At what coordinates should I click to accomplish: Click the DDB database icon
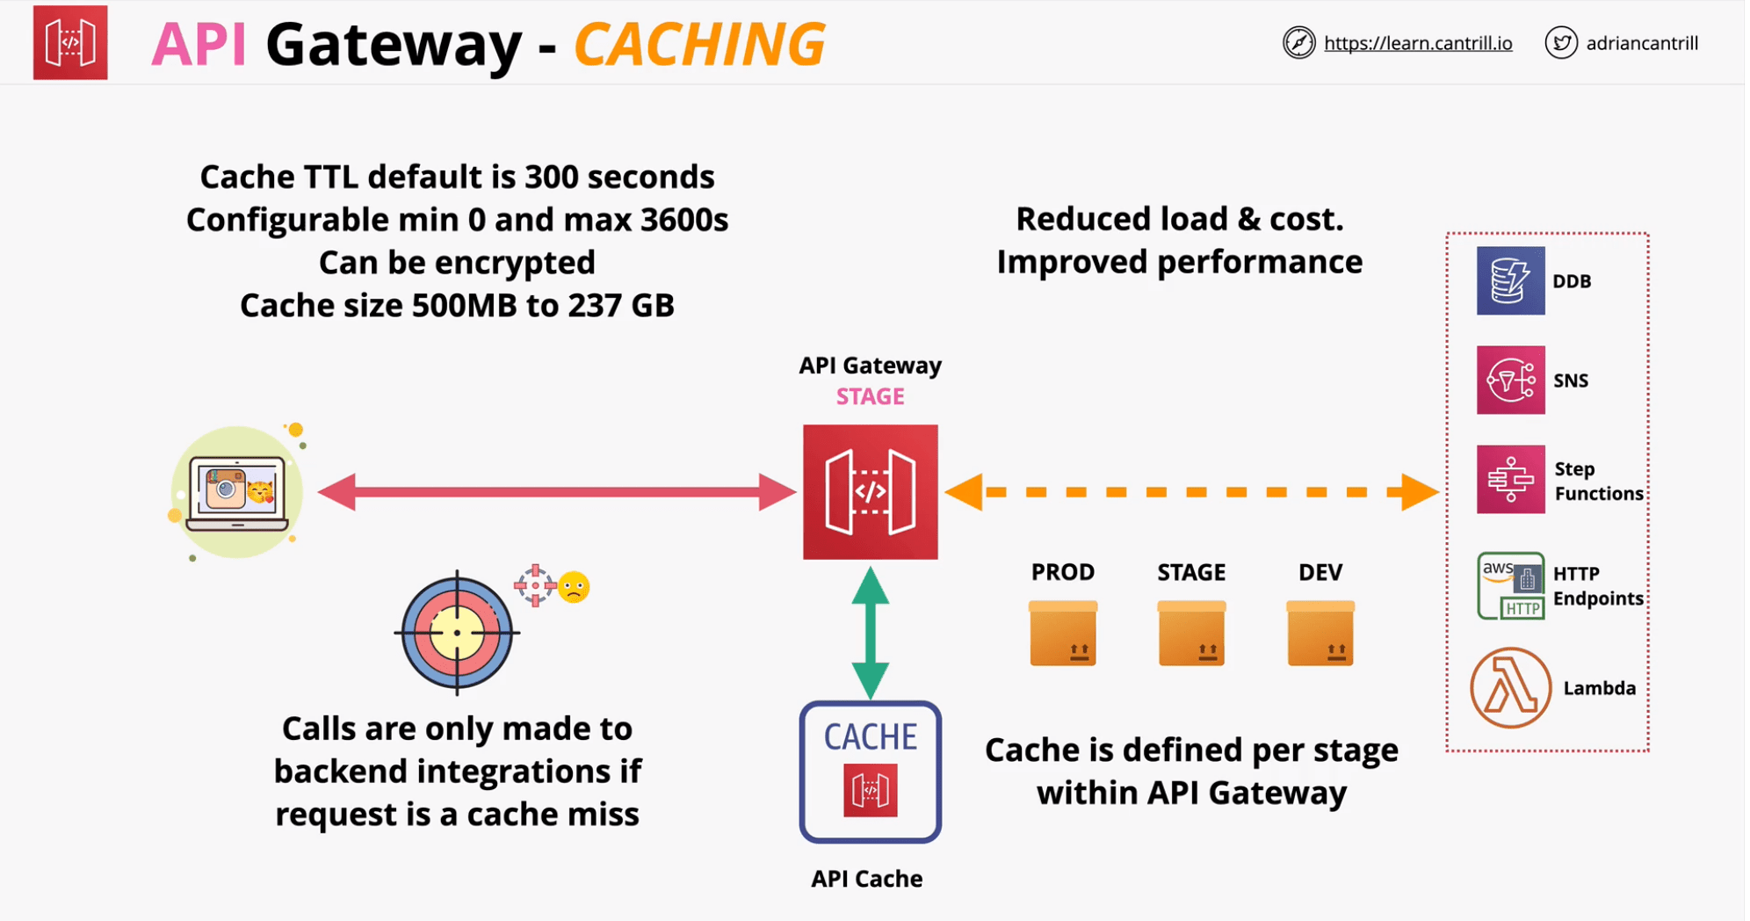(x=1509, y=281)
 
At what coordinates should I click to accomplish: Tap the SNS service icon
(x=1509, y=380)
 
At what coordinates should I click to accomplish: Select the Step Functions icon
(x=1509, y=480)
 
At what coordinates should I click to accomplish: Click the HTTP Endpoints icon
(x=1509, y=585)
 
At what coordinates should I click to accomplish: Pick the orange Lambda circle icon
(x=1509, y=687)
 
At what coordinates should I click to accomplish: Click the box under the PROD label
(x=1062, y=633)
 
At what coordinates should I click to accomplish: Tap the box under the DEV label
(x=1320, y=633)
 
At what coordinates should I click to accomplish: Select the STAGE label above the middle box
(x=1190, y=573)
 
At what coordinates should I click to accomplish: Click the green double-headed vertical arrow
(x=870, y=633)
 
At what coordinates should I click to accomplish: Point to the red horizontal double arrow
(x=557, y=492)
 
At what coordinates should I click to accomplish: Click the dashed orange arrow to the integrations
(x=1190, y=492)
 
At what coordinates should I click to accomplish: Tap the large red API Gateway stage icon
(x=870, y=492)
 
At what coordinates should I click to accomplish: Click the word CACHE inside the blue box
(x=870, y=736)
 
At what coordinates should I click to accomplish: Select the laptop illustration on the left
(x=236, y=492)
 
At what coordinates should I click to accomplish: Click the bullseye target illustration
(x=456, y=633)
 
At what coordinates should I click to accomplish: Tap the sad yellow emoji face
(x=574, y=587)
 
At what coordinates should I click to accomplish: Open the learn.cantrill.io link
(x=1417, y=43)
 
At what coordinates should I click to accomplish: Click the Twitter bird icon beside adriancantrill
(x=1560, y=43)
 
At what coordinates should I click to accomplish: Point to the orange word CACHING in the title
(x=699, y=44)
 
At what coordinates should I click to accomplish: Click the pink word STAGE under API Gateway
(x=870, y=397)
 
